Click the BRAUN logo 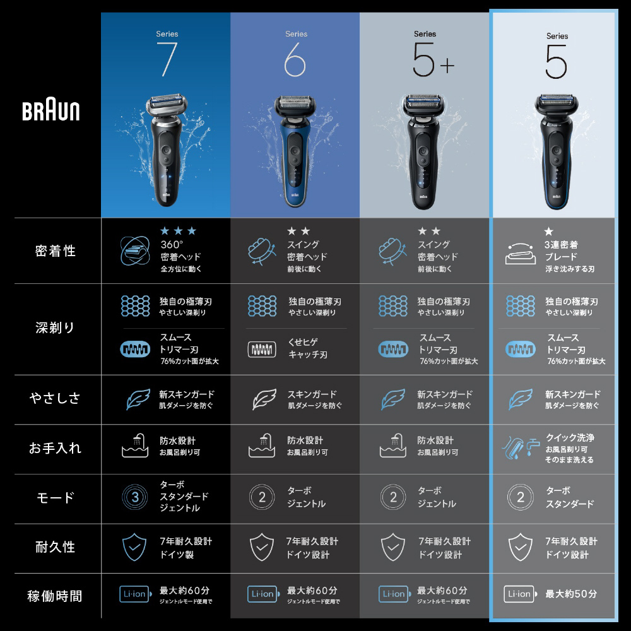pyautogui.click(x=50, y=111)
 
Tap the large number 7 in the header pyautogui.click(x=167, y=59)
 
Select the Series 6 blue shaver pyautogui.click(x=295, y=151)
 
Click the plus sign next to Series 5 pyautogui.click(x=447, y=65)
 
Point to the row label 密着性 pyautogui.click(x=56, y=251)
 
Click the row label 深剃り pyautogui.click(x=55, y=327)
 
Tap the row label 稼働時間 pyautogui.click(x=55, y=596)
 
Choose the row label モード pyautogui.click(x=55, y=498)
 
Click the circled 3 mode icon pyautogui.click(x=135, y=497)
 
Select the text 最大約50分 pyautogui.click(x=571, y=594)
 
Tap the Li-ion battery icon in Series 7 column pyautogui.click(x=136, y=594)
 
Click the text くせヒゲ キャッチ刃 pyautogui.click(x=308, y=348)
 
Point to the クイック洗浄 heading pyautogui.click(x=570, y=437)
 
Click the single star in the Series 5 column pyautogui.click(x=548, y=232)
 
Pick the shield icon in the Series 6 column pyautogui.click(x=262, y=547)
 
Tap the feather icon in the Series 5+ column pyautogui.click(x=393, y=399)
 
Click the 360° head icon pyautogui.click(x=135, y=251)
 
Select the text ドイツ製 pyautogui.click(x=177, y=555)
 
